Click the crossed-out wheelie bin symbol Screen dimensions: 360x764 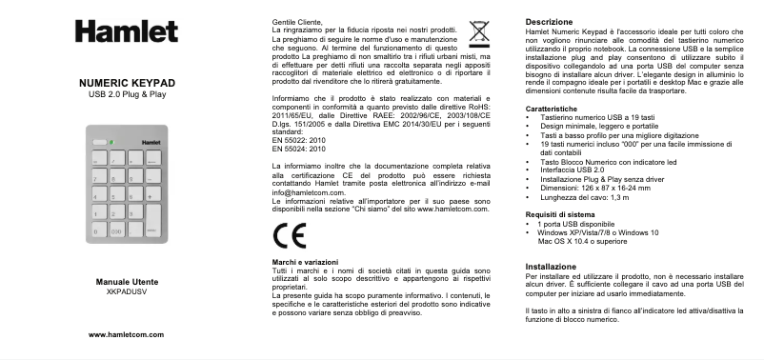click(478, 30)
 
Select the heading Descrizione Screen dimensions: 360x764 click(549, 21)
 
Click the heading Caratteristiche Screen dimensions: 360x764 click(554, 109)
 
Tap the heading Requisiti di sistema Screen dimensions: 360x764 click(562, 215)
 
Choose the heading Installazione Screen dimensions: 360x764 click(552, 266)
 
